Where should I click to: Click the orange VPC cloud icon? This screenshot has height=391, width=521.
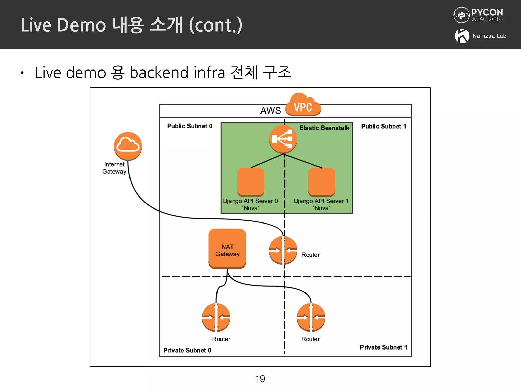point(303,105)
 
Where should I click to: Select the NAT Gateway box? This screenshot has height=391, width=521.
point(227,249)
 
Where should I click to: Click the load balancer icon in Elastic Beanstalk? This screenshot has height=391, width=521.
point(283,139)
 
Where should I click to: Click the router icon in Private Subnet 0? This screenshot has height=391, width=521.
point(216,317)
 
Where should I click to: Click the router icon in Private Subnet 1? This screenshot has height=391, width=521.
point(311,317)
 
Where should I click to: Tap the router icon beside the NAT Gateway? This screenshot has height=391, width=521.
point(283,250)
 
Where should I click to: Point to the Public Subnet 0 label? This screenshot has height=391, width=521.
point(190,126)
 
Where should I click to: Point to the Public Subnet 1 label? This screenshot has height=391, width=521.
point(383,127)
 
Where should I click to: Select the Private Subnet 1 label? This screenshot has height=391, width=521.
point(383,347)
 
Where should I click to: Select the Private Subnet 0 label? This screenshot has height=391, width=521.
point(187,351)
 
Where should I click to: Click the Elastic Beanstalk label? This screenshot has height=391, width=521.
point(324,128)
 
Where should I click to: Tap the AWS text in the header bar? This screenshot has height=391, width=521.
point(270,111)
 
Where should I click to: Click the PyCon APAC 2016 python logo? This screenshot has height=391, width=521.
point(461,15)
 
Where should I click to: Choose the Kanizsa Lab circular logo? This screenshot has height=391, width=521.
point(462,36)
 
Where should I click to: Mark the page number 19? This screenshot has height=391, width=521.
point(260,379)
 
